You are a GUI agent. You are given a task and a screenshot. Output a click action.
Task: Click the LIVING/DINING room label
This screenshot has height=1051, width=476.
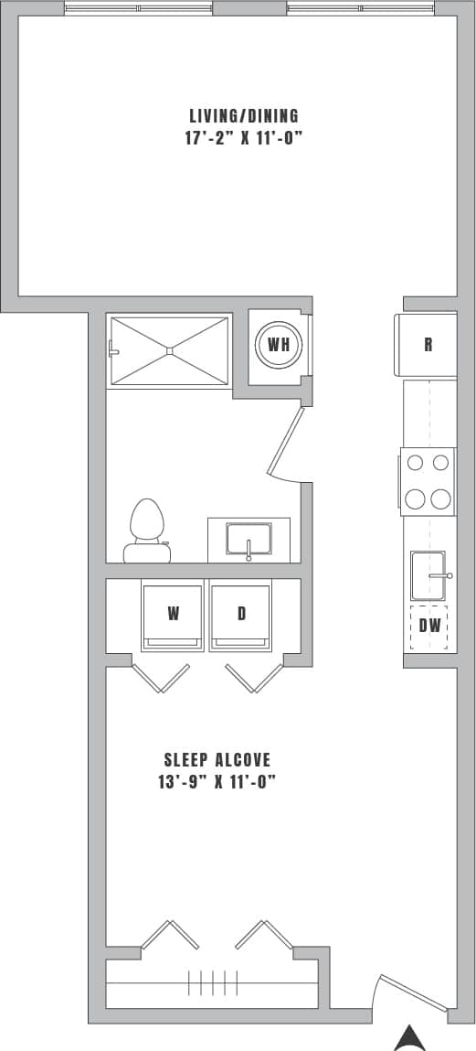244,116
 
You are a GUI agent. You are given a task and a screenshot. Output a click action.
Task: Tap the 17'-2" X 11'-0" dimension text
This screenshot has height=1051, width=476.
243,139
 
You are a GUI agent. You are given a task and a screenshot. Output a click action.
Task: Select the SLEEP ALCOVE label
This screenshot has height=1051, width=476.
217,760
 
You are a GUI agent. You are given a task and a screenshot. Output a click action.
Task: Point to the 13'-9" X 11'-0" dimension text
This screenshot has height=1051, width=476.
217,782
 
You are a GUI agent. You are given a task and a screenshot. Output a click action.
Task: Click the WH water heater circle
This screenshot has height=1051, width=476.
277,345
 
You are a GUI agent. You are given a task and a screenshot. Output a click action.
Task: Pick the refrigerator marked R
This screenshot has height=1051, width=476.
428,345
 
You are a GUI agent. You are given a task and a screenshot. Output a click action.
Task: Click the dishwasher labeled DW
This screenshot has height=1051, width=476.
430,627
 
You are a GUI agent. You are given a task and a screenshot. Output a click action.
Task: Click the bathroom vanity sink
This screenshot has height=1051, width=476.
249,540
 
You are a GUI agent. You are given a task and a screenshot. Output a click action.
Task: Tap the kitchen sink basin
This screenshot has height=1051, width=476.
427,575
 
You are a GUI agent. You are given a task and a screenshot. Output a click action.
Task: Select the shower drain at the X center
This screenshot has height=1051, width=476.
169,350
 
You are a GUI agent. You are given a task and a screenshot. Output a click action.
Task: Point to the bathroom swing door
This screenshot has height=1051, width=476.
286,442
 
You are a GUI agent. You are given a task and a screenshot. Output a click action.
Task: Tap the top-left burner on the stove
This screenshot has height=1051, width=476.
416,463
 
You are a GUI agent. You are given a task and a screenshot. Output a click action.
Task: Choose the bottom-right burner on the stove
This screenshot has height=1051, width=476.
441,499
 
